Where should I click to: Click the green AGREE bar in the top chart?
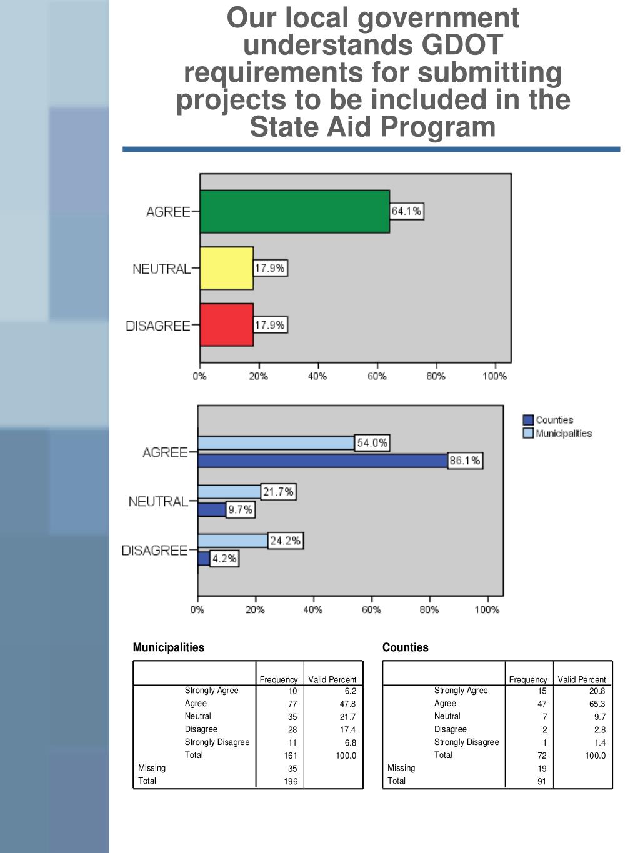coord(294,212)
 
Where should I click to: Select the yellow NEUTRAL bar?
coord(226,268)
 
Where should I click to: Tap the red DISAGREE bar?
coord(226,325)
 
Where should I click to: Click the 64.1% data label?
coord(406,211)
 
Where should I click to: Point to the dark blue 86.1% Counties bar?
coord(322,461)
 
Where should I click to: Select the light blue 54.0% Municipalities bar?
coord(276,443)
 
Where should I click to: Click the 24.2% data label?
coord(285,541)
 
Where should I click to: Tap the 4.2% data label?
coord(224,559)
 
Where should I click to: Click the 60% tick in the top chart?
coord(377,376)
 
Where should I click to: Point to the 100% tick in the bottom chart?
coord(487,609)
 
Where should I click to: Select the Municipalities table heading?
coord(168,647)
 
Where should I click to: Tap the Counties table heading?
coord(405,647)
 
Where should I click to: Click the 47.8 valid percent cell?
coord(347,704)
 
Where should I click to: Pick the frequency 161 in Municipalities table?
coord(291,756)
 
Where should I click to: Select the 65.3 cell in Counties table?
coord(597,704)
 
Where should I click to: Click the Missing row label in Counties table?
coord(401,768)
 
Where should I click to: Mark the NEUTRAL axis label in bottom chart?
coord(157,501)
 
